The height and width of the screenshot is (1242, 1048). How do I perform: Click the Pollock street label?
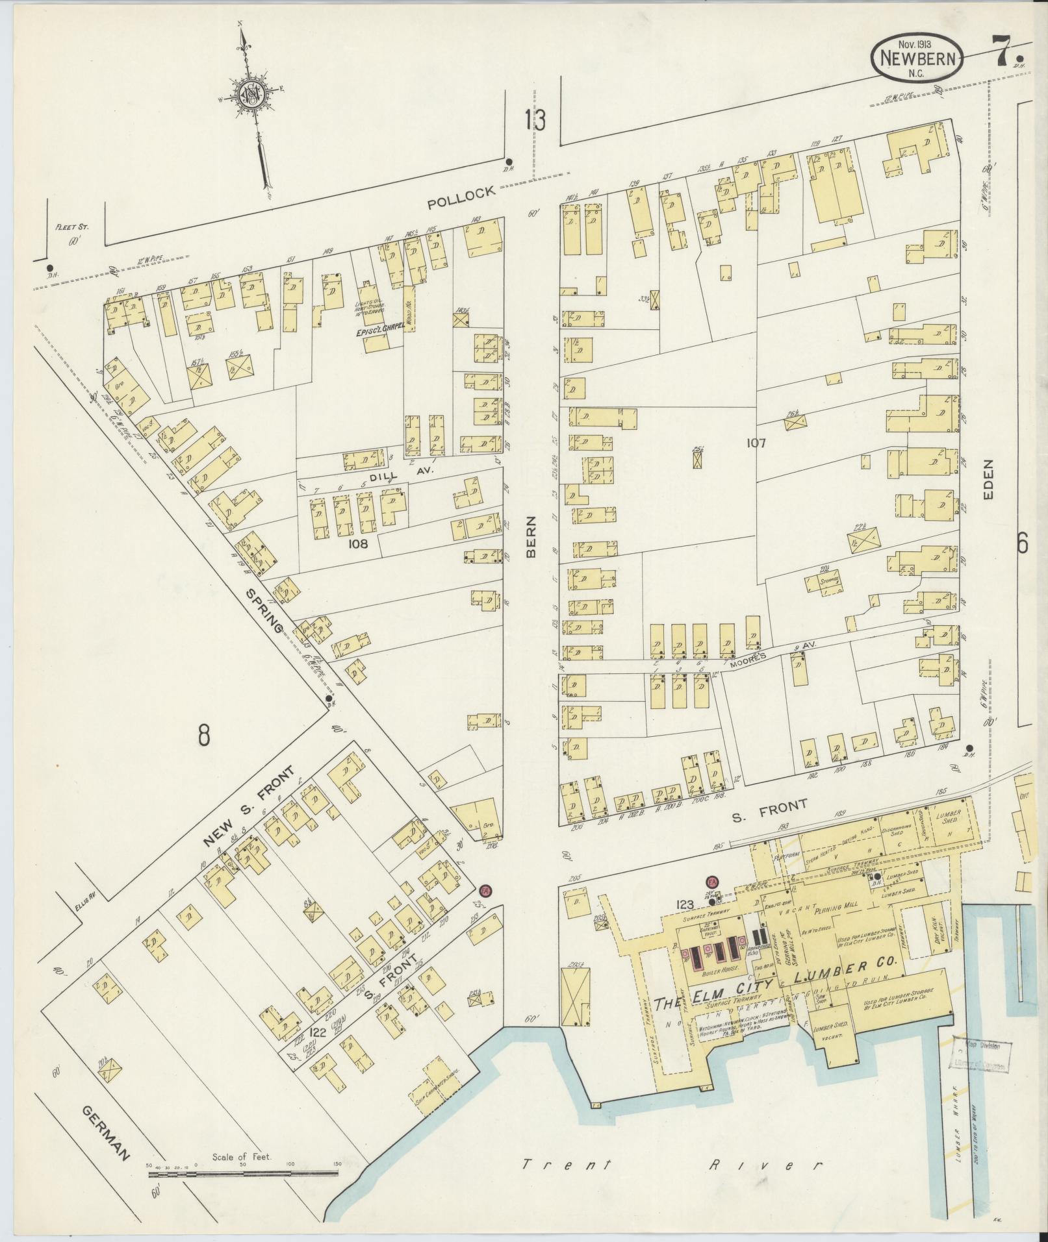[461, 197]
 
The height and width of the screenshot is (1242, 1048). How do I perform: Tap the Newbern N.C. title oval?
[917, 58]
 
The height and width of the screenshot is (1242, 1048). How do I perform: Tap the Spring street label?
[266, 612]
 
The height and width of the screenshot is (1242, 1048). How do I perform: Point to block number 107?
[756, 443]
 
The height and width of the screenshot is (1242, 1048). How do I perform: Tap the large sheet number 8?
[205, 736]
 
